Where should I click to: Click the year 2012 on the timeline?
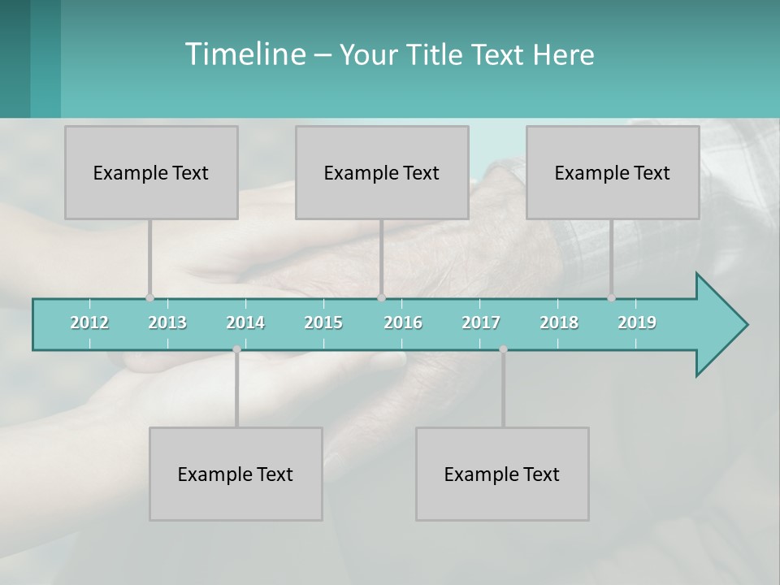pyautogui.click(x=89, y=323)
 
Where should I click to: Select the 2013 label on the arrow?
pyautogui.click(x=167, y=323)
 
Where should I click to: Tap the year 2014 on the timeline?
pyautogui.click(x=245, y=323)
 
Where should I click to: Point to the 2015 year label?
pyautogui.click(x=323, y=323)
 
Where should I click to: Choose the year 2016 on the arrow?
pyautogui.click(x=403, y=323)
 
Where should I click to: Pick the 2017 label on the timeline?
pyautogui.click(x=481, y=323)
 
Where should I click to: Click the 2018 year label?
pyautogui.click(x=559, y=323)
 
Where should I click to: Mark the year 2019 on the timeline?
pyautogui.click(x=637, y=323)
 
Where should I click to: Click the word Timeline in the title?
pyautogui.click(x=244, y=54)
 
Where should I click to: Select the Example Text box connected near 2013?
pyautogui.click(x=151, y=172)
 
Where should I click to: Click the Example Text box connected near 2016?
pyautogui.click(x=382, y=172)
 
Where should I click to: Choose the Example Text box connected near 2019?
pyautogui.click(x=613, y=172)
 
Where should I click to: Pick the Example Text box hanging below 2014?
pyautogui.click(x=236, y=474)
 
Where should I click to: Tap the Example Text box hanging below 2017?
pyautogui.click(x=502, y=474)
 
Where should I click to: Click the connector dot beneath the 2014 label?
pyautogui.click(x=236, y=349)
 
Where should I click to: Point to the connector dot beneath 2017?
pyautogui.click(x=503, y=349)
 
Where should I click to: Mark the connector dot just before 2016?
pyautogui.click(x=381, y=298)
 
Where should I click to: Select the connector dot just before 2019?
pyautogui.click(x=611, y=298)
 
